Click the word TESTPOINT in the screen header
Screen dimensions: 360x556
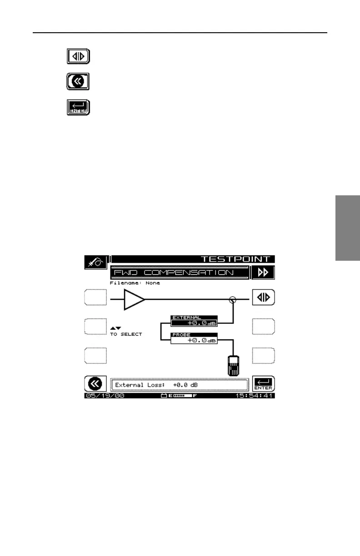pos(235,259)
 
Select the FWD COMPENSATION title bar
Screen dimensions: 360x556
pos(180,273)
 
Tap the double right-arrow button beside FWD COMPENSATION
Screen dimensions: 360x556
pos(264,273)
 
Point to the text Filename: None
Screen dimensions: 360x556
pos(135,283)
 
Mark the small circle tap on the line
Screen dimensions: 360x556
pos(233,299)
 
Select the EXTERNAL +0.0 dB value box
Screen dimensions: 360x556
pos(194,321)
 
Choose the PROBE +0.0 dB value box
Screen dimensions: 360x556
pos(194,338)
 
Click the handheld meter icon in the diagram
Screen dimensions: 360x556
pos(234,365)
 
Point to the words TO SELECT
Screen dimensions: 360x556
pos(126,334)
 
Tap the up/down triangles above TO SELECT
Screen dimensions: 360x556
pos(115,328)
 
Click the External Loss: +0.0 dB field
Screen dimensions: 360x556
pos(180,385)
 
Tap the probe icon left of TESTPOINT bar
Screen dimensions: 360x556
pos(96,262)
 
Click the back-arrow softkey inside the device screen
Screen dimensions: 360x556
pos(95,384)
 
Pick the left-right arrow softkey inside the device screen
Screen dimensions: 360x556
pos(264,298)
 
